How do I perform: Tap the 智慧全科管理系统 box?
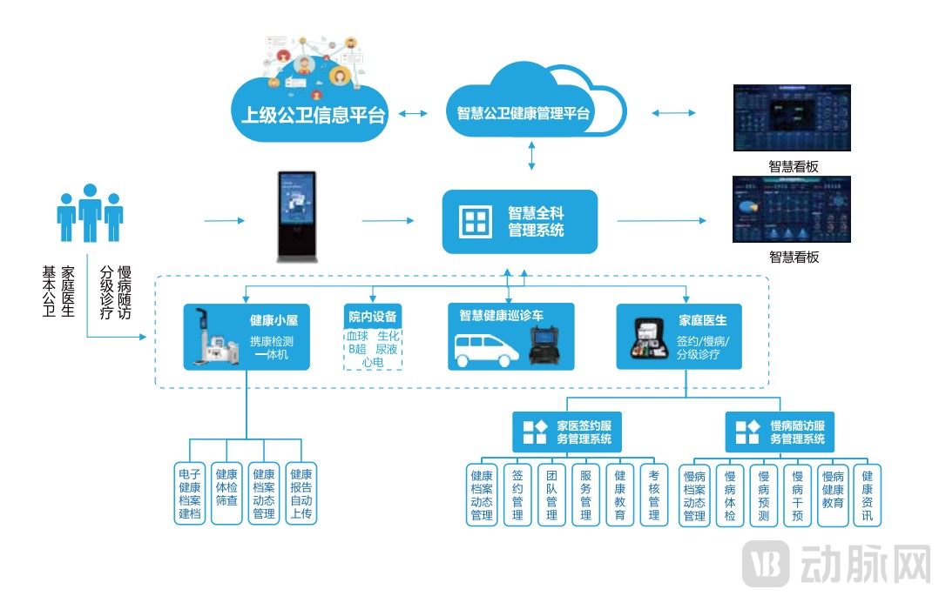click(x=520, y=222)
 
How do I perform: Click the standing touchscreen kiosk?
click(x=296, y=217)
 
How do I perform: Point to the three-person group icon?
click(x=90, y=213)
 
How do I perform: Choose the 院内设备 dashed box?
click(x=373, y=337)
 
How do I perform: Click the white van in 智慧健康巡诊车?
click(x=487, y=349)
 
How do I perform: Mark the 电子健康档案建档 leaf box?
click(x=190, y=493)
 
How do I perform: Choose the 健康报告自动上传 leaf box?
click(x=301, y=493)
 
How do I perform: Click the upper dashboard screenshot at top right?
click(x=791, y=118)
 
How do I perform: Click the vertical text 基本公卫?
click(x=49, y=291)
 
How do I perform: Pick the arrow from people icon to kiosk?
click(x=225, y=221)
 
